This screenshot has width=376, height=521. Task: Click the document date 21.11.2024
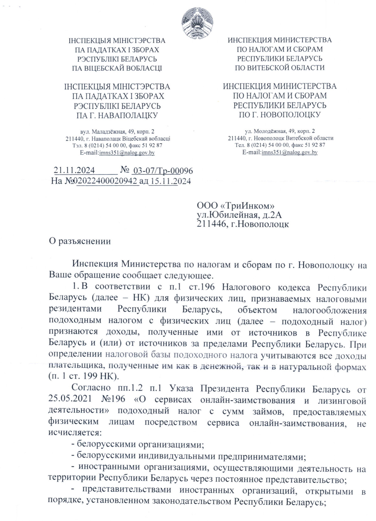tap(74, 170)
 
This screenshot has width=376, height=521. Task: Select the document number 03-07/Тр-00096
tap(163, 171)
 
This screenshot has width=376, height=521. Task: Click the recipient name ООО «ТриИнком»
tap(236, 206)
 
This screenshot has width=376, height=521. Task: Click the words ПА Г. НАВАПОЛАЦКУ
tap(117, 115)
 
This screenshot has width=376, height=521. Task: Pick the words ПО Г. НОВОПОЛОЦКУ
tap(279, 114)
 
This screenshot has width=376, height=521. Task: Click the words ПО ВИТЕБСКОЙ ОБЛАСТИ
tap(279, 67)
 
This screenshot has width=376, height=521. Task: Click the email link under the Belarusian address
tap(127, 153)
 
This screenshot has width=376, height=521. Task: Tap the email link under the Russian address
tap(290, 153)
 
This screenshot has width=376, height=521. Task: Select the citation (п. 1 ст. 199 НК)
tap(83, 375)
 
